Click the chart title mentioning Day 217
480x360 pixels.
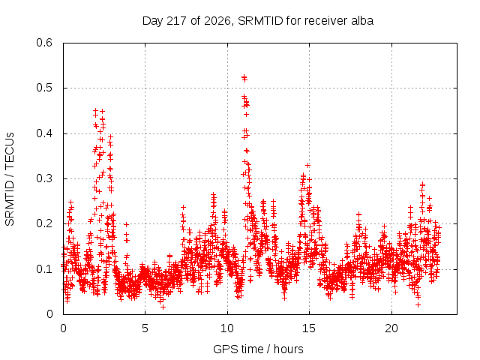(x=258, y=21)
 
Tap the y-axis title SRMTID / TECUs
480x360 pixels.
(x=10, y=179)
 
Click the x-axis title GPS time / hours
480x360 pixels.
(x=258, y=349)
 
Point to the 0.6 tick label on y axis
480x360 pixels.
(x=44, y=43)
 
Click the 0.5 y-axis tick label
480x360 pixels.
(x=44, y=88)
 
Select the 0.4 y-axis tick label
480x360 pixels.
(x=44, y=133)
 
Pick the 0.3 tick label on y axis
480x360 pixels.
(x=44, y=178)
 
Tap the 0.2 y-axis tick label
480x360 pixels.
(x=44, y=223)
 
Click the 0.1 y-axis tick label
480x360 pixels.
(x=44, y=269)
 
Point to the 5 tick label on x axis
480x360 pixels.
(x=145, y=328)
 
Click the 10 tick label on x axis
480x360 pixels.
(x=227, y=328)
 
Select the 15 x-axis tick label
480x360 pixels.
(x=309, y=328)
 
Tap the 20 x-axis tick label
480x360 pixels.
(x=391, y=328)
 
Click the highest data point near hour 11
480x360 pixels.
(x=244, y=77)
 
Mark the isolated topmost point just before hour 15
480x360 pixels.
(x=307, y=165)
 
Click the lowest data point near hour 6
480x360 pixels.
(x=163, y=307)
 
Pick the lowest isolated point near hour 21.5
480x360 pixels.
(x=418, y=304)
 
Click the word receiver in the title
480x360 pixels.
(x=326, y=21)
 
